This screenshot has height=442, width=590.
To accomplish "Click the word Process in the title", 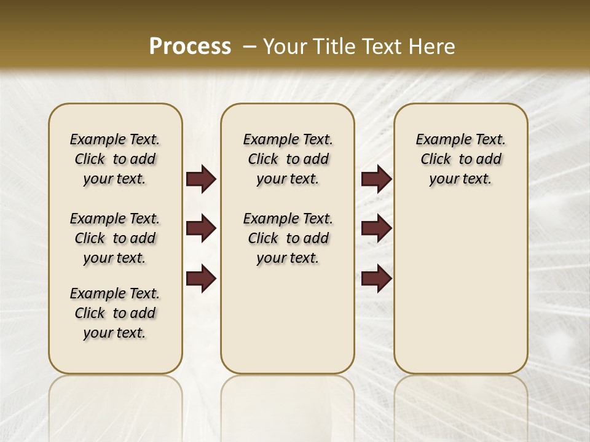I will pos(190,47).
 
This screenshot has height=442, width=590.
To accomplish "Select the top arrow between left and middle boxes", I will pos(201,179).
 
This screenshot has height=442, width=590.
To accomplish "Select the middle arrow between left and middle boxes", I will pos(201,228).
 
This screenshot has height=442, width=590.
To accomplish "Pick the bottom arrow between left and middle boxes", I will pos(201,279).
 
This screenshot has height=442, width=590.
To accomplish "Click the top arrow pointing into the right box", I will pos(376,179).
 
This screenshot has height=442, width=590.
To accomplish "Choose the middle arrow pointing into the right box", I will pos(376,228).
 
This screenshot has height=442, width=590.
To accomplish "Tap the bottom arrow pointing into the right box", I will pos(376,279).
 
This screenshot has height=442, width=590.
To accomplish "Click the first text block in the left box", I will pos(115,159).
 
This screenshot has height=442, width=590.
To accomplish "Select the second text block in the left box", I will pos(115,238).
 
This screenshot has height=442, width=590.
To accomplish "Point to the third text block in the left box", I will pos(115,313).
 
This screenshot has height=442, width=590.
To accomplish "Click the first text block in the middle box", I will pos(288,159).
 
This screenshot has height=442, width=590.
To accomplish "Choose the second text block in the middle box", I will pos(288,238).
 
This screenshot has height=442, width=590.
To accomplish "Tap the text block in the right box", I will pos(460,159).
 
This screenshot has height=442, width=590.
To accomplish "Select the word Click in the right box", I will pos(436,160).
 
